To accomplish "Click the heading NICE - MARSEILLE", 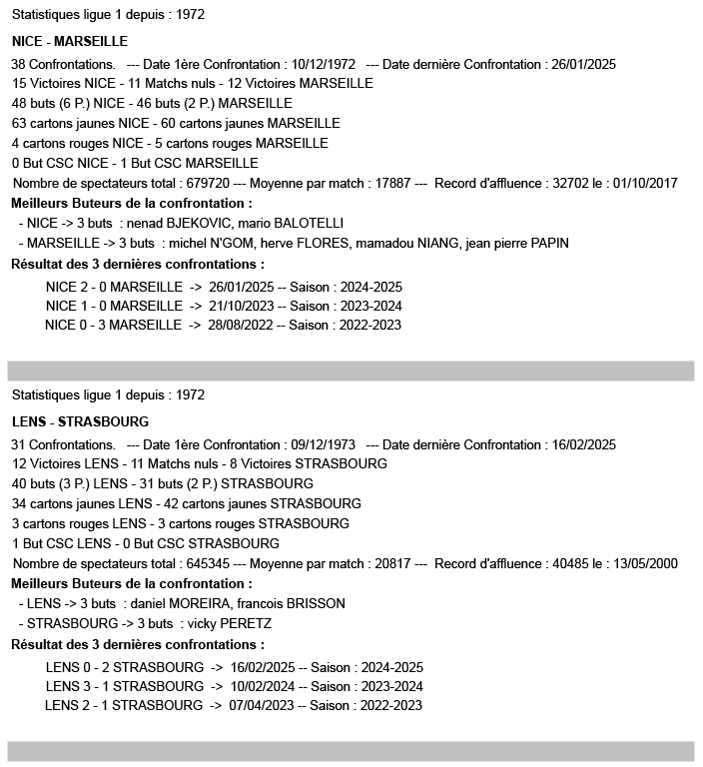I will click(70, 42).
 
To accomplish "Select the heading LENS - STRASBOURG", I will click(81, 421).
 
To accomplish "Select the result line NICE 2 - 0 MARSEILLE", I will click(114, 287).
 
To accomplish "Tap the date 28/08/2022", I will click(241, 325).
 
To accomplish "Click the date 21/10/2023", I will click(241, 306).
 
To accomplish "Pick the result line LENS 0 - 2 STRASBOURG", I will click(124, 667).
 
